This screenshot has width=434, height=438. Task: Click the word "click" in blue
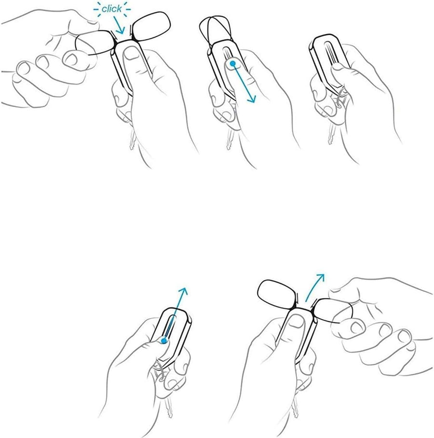pyautogui.click(x=111, y=9)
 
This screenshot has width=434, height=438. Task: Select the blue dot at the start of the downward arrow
pyautogui.click(x=232, y=64)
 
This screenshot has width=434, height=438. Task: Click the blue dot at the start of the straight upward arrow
pyautogui.click(x=164, y=340)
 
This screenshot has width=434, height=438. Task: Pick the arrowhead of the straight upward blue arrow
pyautogui.click(x=184, y=291)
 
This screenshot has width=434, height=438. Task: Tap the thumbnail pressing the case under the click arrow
pyautogui.click(x=131, y=53)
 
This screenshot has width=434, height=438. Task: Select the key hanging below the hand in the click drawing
pyautogui.click(x=132, y=140)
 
